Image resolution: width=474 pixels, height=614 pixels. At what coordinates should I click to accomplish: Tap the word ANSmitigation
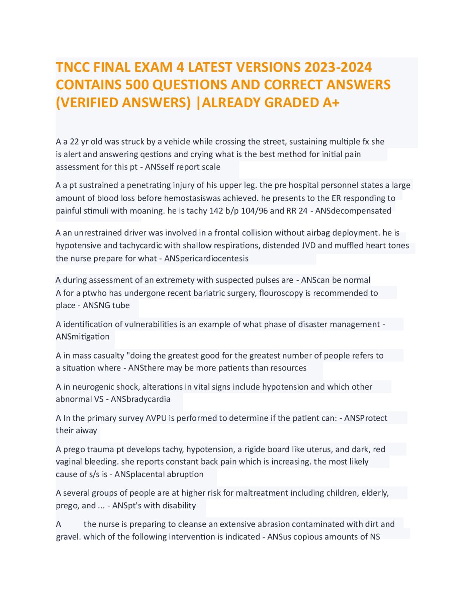click(x=83, y=337)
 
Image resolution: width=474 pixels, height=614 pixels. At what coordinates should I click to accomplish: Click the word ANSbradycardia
click(x=141, y=399)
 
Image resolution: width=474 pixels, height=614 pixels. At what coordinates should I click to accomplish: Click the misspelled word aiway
click(x=87, y=430)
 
